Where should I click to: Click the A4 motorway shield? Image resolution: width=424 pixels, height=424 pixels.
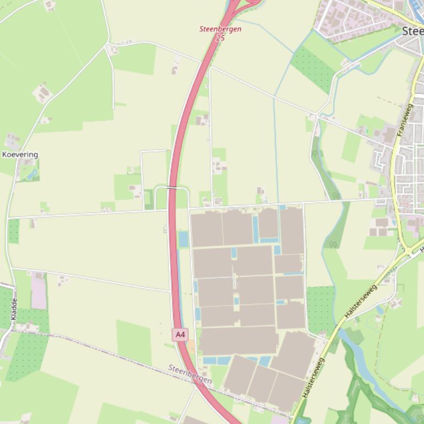coord(180,334)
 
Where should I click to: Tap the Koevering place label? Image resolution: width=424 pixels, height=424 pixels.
coord(20,155)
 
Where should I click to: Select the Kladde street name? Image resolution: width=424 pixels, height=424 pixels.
coord(14,309)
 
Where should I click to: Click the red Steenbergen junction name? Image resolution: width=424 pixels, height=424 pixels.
coord(220,29)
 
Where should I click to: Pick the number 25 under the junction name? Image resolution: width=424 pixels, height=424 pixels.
coord(220,38)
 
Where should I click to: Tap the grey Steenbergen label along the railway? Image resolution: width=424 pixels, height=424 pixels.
coord(190,374)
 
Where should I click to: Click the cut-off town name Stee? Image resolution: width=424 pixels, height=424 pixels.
coord(412,31)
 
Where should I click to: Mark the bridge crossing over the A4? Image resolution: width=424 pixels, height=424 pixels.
coord(172,188)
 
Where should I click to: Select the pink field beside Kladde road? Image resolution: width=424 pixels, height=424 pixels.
coord(39,292)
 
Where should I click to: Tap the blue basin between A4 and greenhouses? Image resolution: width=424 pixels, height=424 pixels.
coord(183,239)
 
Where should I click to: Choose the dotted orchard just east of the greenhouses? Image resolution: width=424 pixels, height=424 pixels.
coord(320,308)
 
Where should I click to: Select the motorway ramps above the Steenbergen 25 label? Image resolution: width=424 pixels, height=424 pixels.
coord(242,6)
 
